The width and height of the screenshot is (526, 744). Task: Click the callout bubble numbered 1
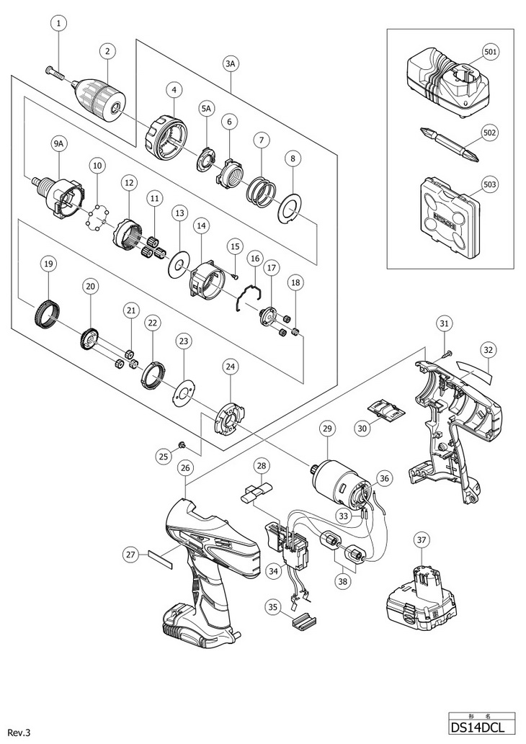[59, 22]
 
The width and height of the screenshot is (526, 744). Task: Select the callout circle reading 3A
[231, 64]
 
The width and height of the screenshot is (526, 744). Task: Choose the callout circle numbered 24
[230, 367]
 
